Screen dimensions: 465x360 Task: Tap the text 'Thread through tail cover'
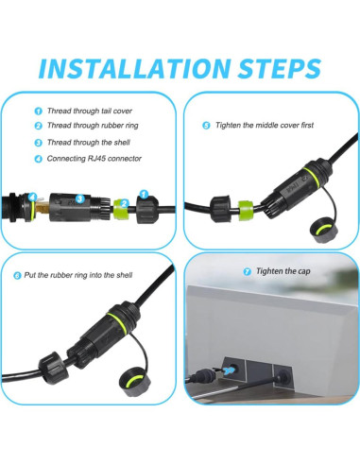coord(90,111)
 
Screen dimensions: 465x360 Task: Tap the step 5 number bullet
coord(206,125)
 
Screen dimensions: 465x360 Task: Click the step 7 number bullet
coord(248,270)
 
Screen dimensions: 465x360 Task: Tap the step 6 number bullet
coord(17,275)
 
